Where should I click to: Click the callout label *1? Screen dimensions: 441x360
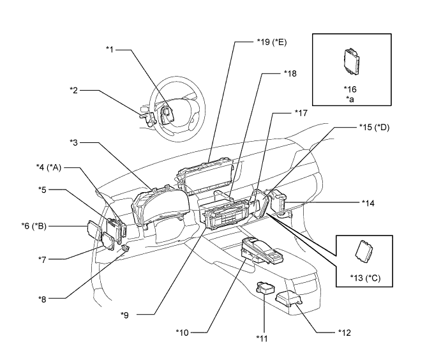109,50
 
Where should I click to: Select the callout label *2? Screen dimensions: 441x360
73,90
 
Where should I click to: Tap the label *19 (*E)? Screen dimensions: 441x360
272,42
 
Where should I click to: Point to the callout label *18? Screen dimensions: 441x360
290,73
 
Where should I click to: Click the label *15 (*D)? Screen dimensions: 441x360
375,128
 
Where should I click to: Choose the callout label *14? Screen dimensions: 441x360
368,203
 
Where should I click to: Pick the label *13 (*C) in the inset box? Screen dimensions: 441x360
365,278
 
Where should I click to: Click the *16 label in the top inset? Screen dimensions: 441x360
350,89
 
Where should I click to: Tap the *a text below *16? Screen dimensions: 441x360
350,99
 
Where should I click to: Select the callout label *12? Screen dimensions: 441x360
345,333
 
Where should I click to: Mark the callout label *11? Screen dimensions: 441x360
262,338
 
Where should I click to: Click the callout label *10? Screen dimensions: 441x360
183,333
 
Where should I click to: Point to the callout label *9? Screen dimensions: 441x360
124,315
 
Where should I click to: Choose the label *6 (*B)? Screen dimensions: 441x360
34,226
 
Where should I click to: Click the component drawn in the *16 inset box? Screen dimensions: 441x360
352,62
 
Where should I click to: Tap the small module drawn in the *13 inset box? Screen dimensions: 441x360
364,251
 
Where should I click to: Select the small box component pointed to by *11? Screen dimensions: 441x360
265,288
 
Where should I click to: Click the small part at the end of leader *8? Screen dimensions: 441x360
125,248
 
